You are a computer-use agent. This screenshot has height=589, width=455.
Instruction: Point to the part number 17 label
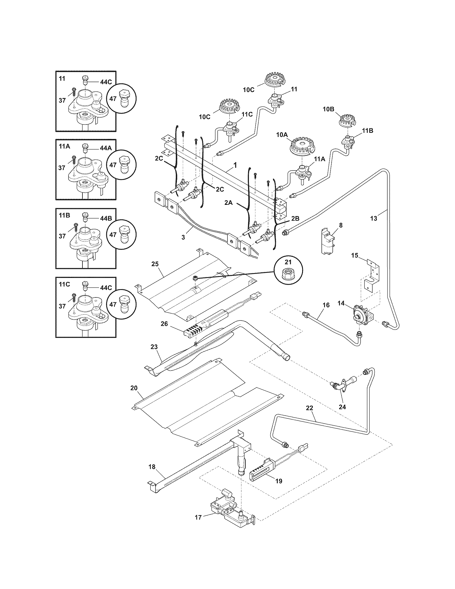198,518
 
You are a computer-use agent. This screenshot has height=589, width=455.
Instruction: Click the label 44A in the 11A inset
106,148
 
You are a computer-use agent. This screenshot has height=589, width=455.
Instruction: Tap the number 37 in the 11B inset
62,236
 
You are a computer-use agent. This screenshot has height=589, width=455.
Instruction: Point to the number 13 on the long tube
374,218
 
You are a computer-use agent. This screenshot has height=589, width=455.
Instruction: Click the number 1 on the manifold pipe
235,165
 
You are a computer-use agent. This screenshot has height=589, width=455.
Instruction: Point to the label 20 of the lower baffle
134,388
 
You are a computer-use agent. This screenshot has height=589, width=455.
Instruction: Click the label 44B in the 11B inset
106,218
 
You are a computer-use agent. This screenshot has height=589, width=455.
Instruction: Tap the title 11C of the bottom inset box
64,284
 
